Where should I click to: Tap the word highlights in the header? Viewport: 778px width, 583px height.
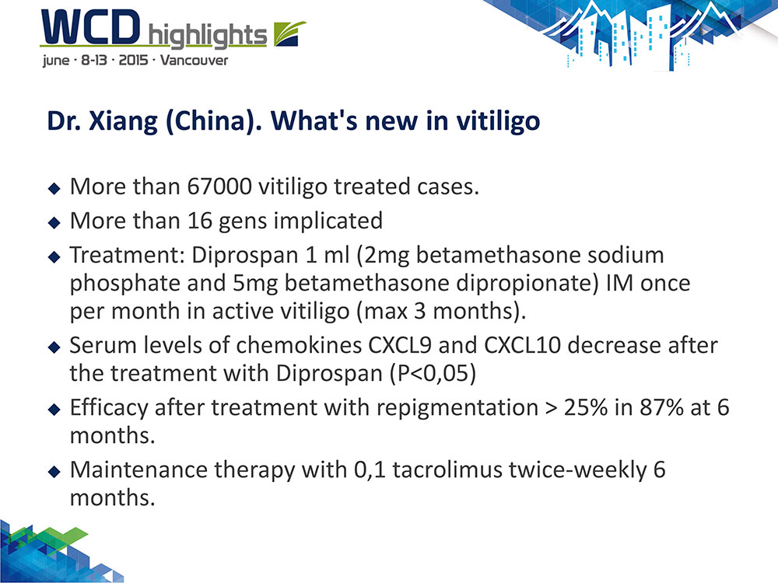click(208, 36)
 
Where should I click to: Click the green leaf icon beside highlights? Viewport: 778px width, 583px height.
click(289, 33)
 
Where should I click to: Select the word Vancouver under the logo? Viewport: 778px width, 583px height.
click(194, 61)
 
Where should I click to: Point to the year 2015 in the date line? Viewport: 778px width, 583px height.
click(134, 61)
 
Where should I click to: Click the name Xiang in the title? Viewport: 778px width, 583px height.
click(123, 121)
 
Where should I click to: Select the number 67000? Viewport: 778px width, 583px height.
click(219, 187)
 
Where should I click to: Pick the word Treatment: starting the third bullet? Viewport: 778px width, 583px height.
click(127, 255)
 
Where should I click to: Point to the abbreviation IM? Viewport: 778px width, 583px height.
click(619, 283)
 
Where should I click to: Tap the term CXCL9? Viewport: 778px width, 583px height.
click(399, 346)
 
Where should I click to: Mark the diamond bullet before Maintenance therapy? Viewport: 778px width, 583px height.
click(54, 471)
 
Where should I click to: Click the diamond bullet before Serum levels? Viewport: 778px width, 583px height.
click(54, 347)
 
